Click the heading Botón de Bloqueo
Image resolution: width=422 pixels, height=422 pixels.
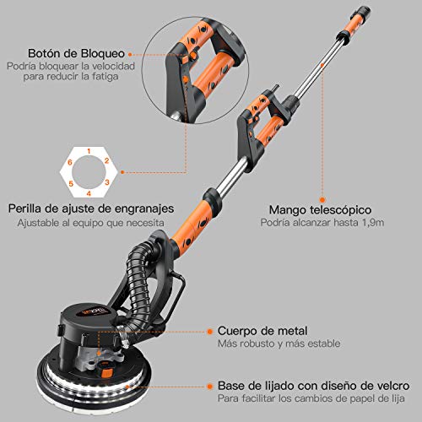click(76, 53)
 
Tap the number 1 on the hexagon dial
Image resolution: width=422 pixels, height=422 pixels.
click(89, 151)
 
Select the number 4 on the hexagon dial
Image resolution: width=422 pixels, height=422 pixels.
click(89, 193)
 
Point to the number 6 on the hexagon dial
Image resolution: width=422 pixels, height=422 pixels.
click(70, 162)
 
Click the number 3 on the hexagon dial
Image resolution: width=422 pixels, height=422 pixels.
click(107, 182)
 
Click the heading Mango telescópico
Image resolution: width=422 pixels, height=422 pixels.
click(320, 210)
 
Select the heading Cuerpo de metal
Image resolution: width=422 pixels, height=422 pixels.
click(262, 331)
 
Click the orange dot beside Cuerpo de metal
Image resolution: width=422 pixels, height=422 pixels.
click(209, 332)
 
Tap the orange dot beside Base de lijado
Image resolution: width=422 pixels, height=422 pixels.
click(209, 387)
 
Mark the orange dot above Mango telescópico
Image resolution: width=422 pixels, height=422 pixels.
click(322, 200)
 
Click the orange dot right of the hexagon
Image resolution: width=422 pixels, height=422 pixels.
click(122, 172)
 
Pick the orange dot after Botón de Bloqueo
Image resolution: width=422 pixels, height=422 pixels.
click(130, 54)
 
